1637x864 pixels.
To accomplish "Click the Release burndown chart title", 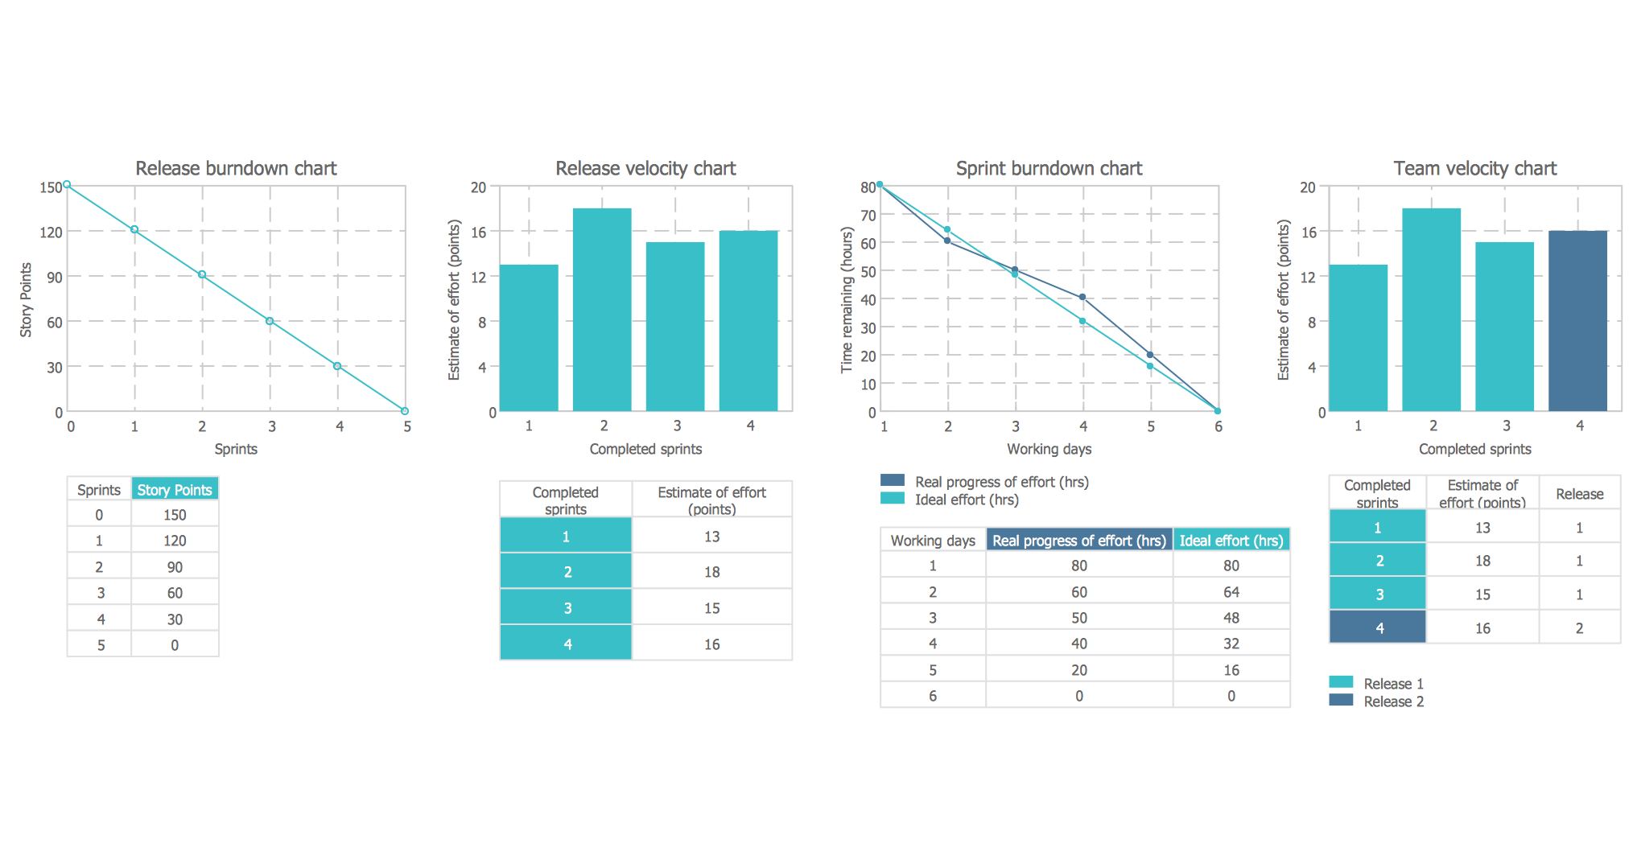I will tap(236, 168).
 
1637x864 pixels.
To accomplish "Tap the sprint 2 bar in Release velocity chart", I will tap(602, 310).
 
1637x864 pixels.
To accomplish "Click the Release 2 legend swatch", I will tap(1341, 700).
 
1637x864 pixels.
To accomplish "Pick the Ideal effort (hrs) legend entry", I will tap(966, 500).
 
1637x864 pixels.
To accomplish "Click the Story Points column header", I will tap(175, 489).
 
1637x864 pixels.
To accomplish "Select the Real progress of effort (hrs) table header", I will tap(1078, 540).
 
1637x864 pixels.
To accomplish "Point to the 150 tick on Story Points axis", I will tap(51, 187).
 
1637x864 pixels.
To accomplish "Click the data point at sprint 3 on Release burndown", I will tap(270, 321).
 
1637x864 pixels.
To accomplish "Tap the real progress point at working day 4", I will tap(1082, 297).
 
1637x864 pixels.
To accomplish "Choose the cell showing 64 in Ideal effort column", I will tap(1231, 591).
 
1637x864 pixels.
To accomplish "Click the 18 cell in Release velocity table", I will tap(711, 571).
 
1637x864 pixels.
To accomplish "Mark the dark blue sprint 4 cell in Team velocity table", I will tap(1378, 627).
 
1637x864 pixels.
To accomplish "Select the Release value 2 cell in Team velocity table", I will tap(1579, 627).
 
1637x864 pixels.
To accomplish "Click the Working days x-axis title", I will tap(1049, 449).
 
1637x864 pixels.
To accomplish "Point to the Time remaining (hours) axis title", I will tap(847, 299).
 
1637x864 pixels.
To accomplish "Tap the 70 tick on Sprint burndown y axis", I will tap(868, 215).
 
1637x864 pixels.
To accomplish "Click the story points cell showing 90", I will tap(175, 566).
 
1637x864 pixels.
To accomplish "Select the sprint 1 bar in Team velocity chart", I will tap(1358, 338).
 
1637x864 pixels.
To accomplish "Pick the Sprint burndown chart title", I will tap(1049, 168).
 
